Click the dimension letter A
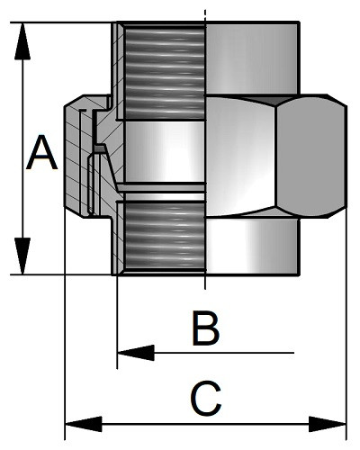41,153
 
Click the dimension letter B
206,328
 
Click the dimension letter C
206,399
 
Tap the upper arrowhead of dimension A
22,41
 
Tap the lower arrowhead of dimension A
22,256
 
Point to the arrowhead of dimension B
136,353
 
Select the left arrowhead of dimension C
84,424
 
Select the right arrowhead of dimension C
328,424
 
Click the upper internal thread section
165,73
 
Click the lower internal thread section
165,237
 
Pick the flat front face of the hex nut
310,156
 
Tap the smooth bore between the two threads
165,152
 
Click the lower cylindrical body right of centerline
252,247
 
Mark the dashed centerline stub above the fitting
205,15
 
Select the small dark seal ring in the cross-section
100,148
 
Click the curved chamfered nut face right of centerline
240,156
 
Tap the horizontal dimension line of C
205,424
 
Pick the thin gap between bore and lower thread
165,197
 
